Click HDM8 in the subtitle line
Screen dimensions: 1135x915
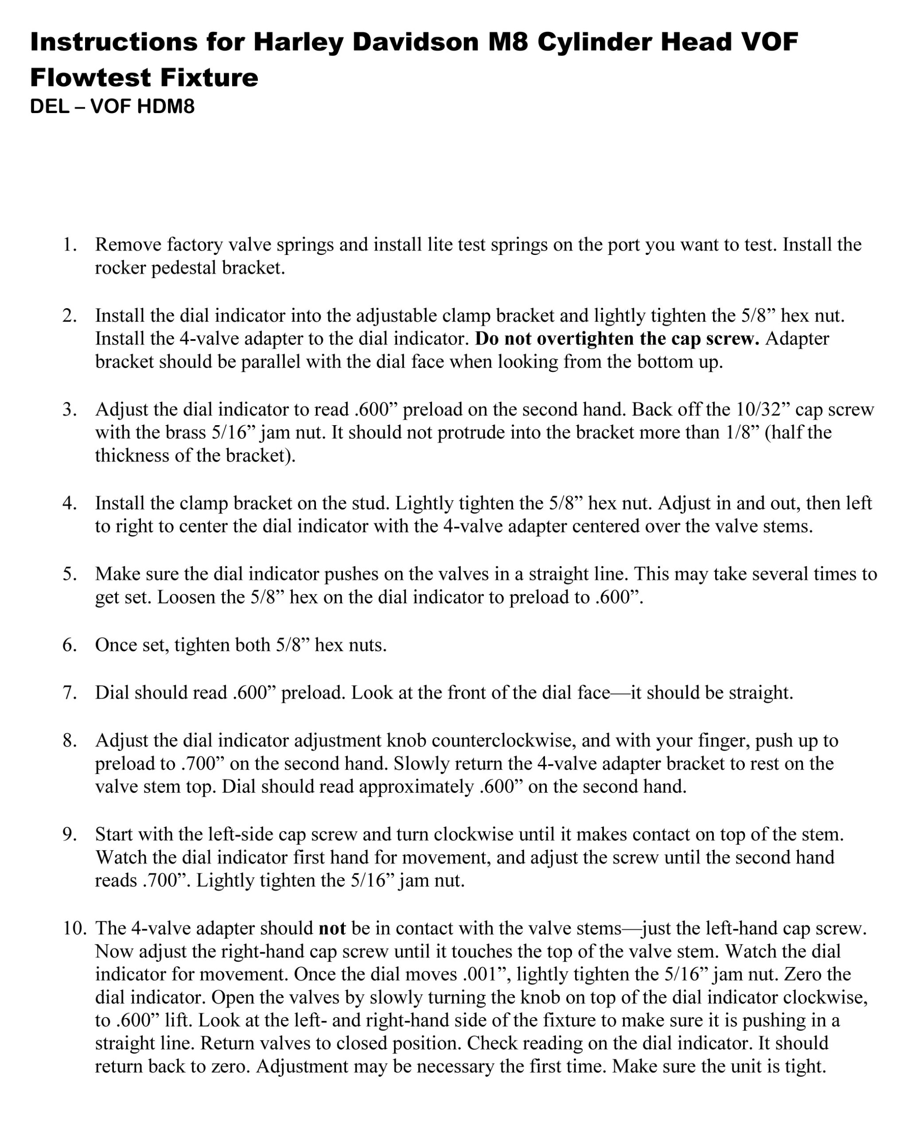166,106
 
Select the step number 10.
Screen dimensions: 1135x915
74,928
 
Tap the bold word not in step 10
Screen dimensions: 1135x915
332,928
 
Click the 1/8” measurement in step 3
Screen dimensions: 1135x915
742,432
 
